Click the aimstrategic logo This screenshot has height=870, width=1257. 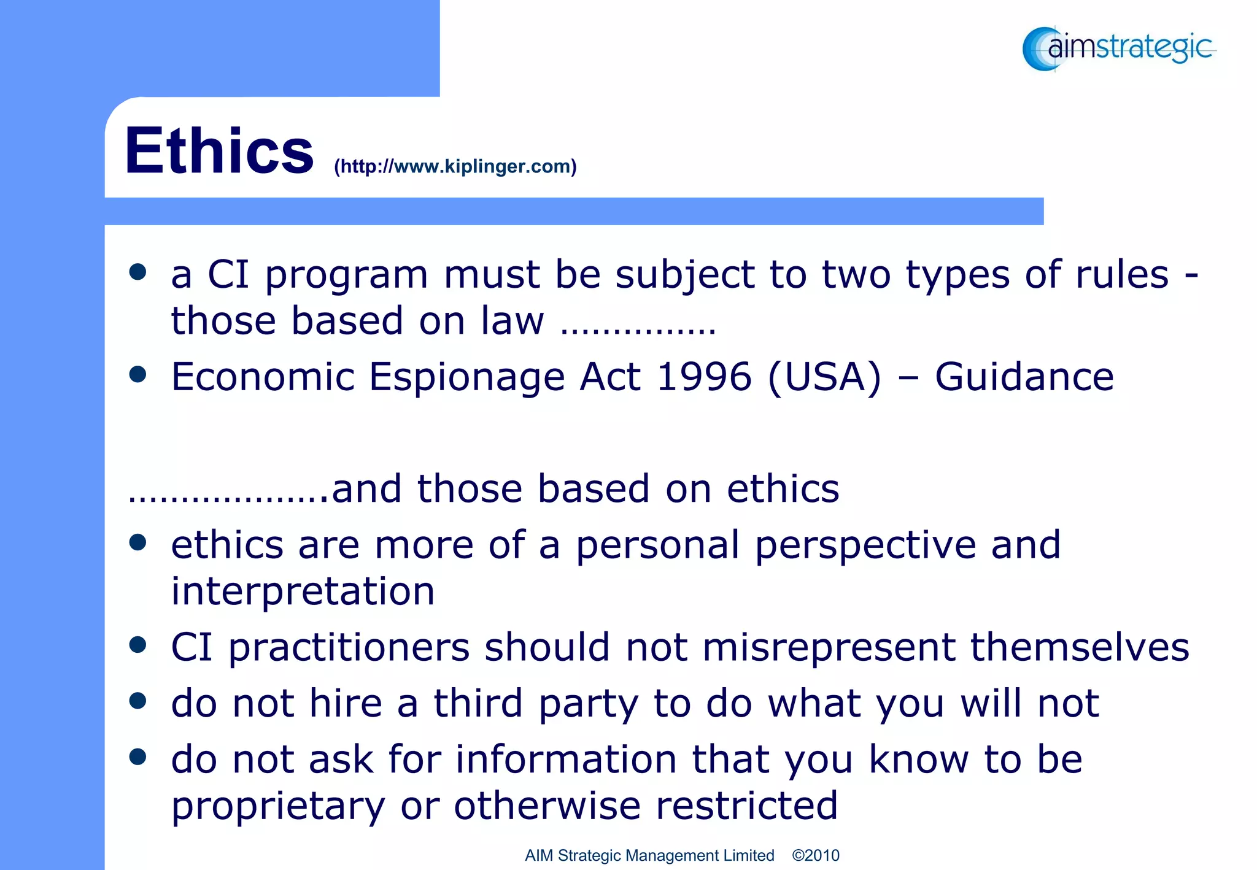tap(1119, 48)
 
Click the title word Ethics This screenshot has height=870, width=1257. tap(219, 151)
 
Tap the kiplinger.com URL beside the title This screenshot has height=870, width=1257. tap(455, 166)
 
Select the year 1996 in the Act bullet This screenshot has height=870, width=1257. tap(704, 376)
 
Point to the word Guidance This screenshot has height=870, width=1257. tap(1024, 376)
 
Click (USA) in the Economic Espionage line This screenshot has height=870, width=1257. tap(824, 377)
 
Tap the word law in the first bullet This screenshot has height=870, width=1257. tap(512, 320)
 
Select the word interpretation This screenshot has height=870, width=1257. tap(303, 591)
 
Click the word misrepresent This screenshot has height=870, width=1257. tap(829, 647)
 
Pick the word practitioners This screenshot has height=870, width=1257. tap(349, 648)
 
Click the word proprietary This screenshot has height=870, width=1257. tap(278, 806)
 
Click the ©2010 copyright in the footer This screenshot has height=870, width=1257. tap(815, 855)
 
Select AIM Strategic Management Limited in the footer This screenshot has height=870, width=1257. tap(649, 855)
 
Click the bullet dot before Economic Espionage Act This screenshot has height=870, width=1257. tap(138, 374)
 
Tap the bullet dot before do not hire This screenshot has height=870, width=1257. tap(138, 701)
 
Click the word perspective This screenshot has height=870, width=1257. tap(865, 545)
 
